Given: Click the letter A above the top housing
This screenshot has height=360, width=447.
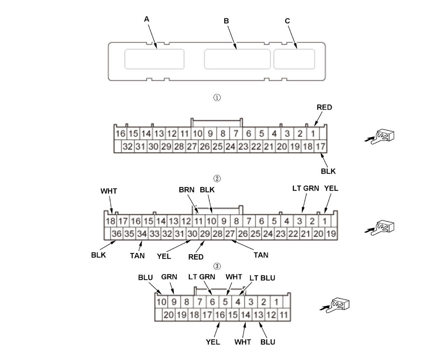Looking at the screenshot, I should tap(147, 19).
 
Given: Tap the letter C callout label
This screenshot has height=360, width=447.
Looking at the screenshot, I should tap(287, 21).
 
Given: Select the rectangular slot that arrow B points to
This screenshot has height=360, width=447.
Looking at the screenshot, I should tap(237, 59).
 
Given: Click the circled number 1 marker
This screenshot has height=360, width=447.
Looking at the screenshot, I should tap(217, 98).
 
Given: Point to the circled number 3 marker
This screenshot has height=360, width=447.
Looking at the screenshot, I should tap(217, 266).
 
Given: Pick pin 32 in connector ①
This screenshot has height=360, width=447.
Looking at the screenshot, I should tap(128, 146).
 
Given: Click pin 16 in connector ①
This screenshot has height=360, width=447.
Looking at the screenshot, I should tap(120, 133).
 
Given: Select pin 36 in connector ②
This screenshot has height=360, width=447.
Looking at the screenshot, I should tap(117, 234).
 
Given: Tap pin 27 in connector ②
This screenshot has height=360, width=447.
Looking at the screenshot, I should tap(230, 234).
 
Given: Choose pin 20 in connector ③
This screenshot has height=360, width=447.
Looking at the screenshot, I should tap(169, 315).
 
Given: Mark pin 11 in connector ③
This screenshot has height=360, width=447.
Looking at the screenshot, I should tap(283, 315).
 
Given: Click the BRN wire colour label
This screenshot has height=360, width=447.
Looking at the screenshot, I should tap(186, 190).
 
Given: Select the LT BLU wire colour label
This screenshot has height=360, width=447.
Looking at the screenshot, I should tap(262, 278).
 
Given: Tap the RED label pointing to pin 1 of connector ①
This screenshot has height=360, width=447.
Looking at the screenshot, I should tap(324, 107).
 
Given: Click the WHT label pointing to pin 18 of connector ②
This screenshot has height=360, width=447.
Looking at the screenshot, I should tap(109, 191).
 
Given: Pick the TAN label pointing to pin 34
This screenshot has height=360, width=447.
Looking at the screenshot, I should tap(137, 255).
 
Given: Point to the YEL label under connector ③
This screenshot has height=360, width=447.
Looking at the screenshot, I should tap(213, 341).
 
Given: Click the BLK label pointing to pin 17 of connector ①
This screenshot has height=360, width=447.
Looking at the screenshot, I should tap(328, 171).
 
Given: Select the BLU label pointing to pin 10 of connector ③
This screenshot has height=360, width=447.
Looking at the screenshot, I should tap(145, 278).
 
